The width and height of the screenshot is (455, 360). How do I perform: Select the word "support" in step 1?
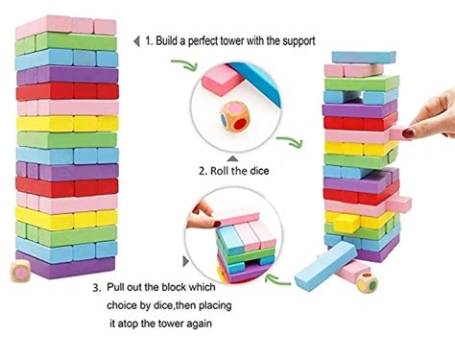click(x=318, y=40)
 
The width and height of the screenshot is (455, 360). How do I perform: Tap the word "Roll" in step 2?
click(x=224, y=171)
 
